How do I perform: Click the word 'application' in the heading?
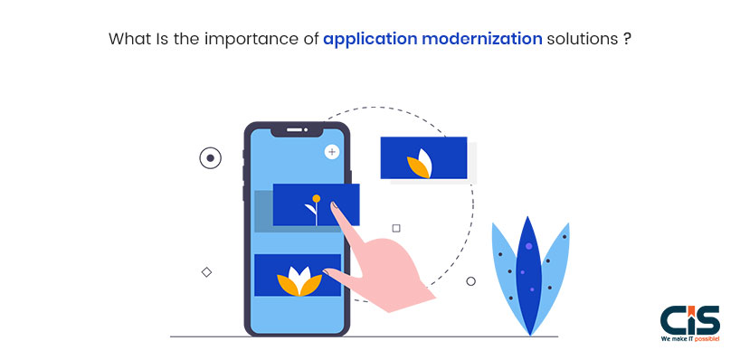[365, 41]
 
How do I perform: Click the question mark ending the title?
[627, 40]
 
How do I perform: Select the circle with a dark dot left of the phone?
[210, 158]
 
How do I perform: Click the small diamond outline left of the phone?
[206, 272]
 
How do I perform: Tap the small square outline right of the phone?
[395, 229]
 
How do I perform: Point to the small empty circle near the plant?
[470, 281]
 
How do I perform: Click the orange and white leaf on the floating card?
[422, 164]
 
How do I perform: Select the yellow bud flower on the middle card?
[315, 199]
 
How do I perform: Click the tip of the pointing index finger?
[335, 207]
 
